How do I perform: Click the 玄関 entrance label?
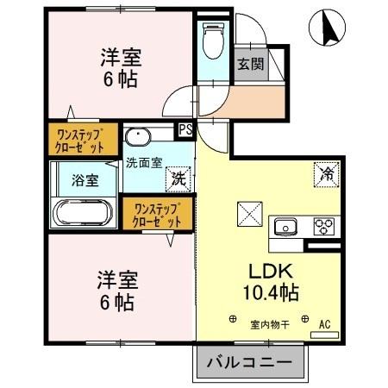pyautogui.click(x=250, y=63)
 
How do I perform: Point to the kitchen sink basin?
pyautogui.click(x=285, y=227)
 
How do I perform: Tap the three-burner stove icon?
pyautogui.click(x=323, y=226)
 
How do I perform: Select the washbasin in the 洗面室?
pyautogui.click(x=138, y=138)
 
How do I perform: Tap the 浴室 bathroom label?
pyautogui.click(x=84, y=180)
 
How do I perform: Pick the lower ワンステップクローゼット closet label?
pyautogui.click(x=157, y=214)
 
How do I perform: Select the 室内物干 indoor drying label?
pyautogui.click(x=269, y=324)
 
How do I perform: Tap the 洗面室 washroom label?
pyautogui.click(x=143, y=161)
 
